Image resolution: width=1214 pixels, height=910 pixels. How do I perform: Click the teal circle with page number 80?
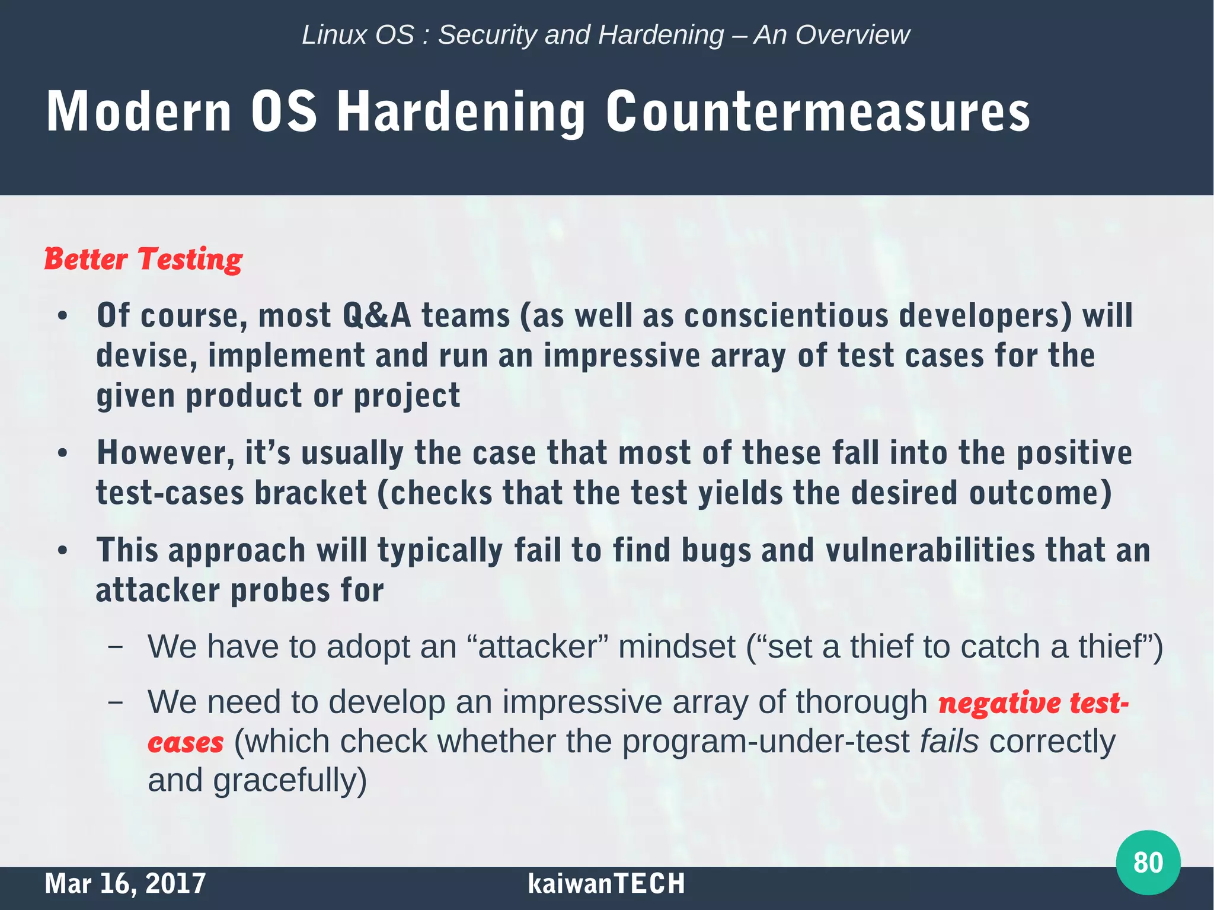point(1148,862)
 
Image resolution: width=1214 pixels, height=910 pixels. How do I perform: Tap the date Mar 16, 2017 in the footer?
point(125,883)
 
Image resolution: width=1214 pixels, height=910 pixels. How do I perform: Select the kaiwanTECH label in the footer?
point(606,883)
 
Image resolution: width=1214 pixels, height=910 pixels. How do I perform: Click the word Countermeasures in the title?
point(817,112)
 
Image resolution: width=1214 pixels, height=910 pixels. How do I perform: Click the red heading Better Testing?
point(143,259)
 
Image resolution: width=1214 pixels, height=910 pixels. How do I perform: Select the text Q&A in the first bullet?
point(376,315)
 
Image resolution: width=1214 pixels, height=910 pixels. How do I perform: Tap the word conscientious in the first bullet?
point(786,315)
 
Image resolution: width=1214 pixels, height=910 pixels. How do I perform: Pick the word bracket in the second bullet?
point(311,493)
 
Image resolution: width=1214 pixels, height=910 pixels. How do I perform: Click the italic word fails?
point(949,742)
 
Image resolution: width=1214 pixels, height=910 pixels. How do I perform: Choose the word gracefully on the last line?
point(290,781)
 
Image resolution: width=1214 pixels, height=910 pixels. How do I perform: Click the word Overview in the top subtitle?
point(852,35)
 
